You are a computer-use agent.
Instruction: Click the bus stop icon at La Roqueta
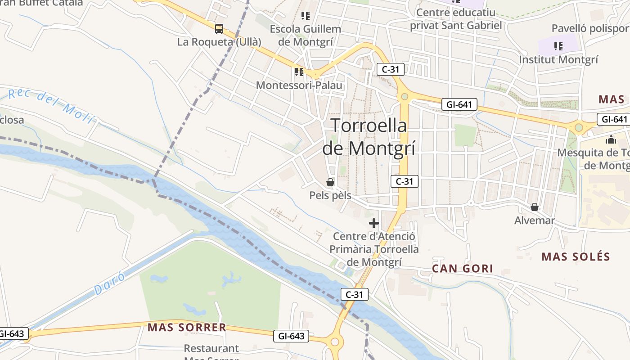click(x=219, y=29)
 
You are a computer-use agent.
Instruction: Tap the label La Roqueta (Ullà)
click(x=219, y=42)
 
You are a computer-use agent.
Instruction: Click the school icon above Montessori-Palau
click(x=299, y=72)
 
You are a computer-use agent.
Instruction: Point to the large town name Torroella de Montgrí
click(x=369, y=136)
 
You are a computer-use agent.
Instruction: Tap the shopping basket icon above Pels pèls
click(x=330, y=182)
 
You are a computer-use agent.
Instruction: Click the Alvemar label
click(x=535, y=220)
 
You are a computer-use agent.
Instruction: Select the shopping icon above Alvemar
click(x=535, y=207)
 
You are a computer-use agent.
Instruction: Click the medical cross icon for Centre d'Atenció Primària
click(x=374, y=223)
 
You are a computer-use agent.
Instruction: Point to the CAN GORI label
click(x=463, y=269)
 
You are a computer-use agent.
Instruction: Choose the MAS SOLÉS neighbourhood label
click(x=576, y=257)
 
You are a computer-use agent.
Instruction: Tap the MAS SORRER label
click(x=187, y=327)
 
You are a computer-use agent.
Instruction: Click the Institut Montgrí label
click(x=558, y=59)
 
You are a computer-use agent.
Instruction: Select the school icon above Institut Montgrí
click(x=558, y=46)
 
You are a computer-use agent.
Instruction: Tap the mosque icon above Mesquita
click(x=611, y=139)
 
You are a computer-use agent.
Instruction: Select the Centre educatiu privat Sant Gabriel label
click(x=455, y=18)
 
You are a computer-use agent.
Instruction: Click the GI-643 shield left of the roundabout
click(x=291, y=336)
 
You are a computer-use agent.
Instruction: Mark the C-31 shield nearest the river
click(x=354, y=295)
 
